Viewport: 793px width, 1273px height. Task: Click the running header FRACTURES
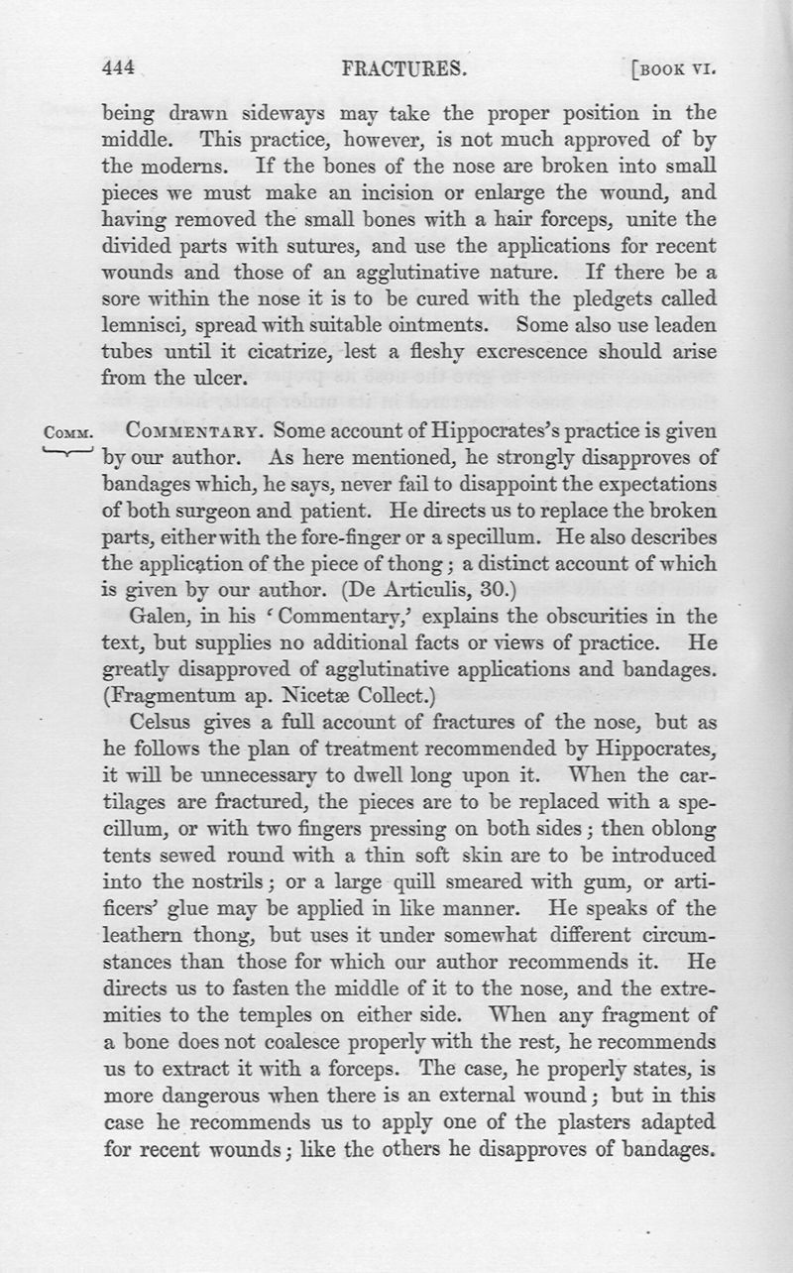pyautogui.click(x=402, y=68)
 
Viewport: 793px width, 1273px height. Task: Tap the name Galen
pyautogui.click(x=152, y=587)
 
